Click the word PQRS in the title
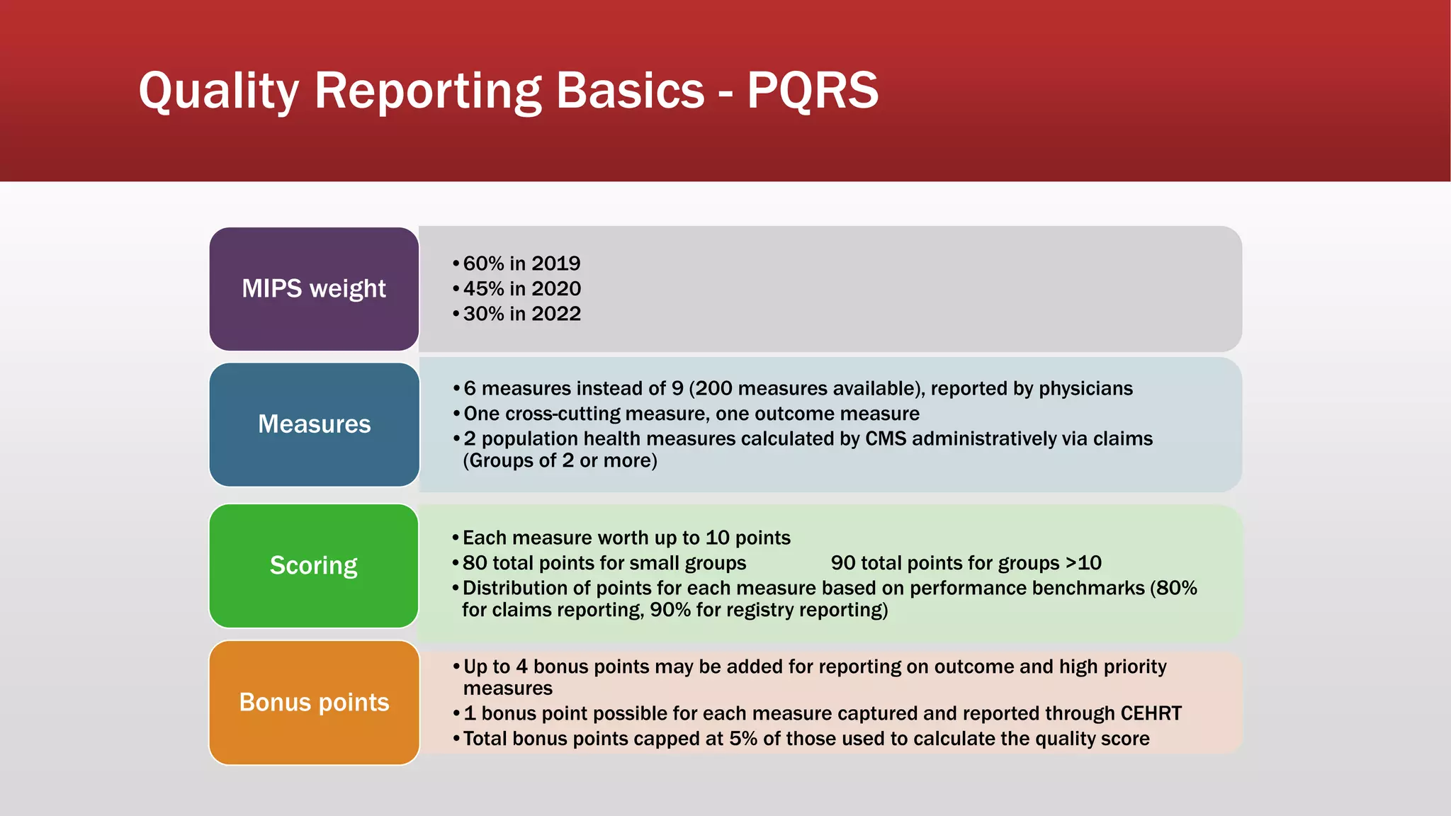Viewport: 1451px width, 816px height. point(813,91)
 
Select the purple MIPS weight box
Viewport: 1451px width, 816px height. point(314,289)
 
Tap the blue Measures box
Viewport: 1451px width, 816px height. point(314,424)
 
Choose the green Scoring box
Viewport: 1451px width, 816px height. point(314,565)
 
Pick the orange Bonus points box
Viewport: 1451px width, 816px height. point(314,702)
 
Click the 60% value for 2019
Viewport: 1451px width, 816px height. point(483,263)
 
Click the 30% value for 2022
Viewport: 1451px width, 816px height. point(483,314)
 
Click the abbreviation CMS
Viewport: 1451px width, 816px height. point(886,439)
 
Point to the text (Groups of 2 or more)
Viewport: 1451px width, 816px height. point(560,461)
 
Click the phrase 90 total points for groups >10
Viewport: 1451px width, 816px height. point(966,563)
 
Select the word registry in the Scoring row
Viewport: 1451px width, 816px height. point(759,611)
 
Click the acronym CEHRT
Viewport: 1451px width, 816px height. point(1151,713)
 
